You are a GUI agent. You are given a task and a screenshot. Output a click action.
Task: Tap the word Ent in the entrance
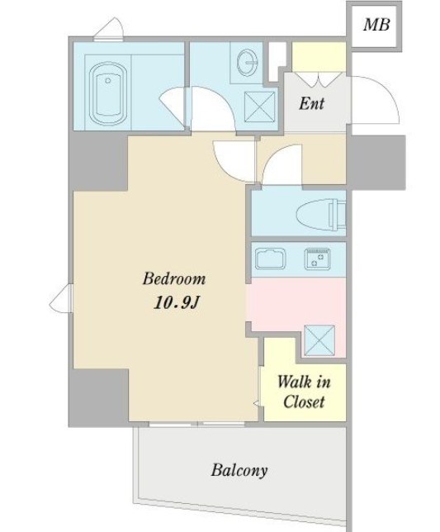tap(311, 103)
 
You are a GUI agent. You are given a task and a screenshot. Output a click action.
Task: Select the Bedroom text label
tap(174, 278)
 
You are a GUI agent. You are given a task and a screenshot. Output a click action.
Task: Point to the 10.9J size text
tap(176, 302)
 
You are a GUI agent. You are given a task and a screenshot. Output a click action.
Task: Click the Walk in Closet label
tap(304, 392)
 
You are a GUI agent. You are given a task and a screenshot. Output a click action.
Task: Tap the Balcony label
tap(239, 470)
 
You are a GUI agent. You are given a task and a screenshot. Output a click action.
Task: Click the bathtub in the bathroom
tap(108, 93)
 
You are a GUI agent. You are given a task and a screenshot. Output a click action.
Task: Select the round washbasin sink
tap(248, 63)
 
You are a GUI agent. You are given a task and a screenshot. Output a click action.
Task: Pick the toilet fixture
tap(320, 215)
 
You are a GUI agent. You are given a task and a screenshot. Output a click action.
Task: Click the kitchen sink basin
tap(270, 259)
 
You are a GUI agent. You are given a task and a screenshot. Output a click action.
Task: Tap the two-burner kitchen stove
tap(317, 259)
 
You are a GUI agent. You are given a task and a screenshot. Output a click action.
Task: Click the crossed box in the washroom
tap(260, 107)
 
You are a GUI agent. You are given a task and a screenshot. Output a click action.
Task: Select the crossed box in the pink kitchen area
tap(319, 340)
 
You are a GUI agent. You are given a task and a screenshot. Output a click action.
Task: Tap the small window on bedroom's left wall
tap(62, 298)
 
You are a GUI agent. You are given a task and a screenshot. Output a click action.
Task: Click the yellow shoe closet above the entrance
tap(319, 57)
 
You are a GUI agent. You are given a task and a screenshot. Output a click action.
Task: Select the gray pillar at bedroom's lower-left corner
tap(98, 397)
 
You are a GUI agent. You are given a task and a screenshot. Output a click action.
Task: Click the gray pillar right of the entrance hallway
tap(378, 162)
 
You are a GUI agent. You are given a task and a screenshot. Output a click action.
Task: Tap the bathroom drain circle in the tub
tap(108, 80)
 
